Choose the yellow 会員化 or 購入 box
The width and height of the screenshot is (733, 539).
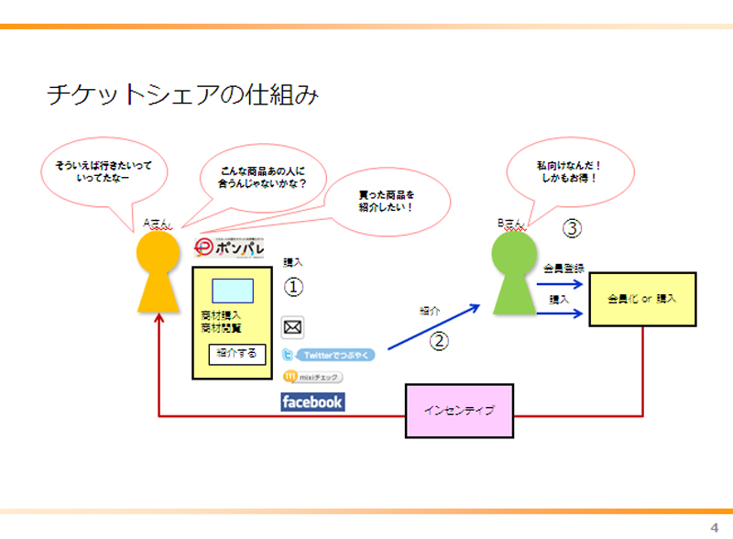point(641,299)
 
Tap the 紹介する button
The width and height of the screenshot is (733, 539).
point(237,353)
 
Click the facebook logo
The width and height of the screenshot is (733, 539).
point(312,401)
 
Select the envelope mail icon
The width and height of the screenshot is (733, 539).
point(293,326)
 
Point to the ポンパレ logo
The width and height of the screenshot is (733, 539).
point(230,247)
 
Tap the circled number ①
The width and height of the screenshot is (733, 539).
point(293,288)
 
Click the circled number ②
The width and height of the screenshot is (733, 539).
point(440,341)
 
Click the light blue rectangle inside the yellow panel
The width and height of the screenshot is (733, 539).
point(233,291)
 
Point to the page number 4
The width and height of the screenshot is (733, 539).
point(714,526)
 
